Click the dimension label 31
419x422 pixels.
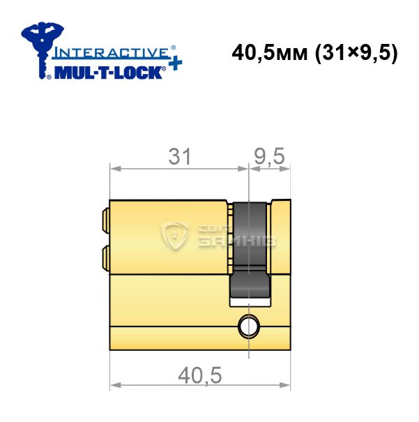[180, 156]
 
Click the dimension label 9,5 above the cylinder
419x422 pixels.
[269, 156]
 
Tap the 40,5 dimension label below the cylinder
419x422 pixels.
[200, 375]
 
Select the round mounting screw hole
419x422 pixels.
[249, 326]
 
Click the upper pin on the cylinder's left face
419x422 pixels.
[106, 220]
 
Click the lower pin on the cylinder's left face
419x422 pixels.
[106, 257]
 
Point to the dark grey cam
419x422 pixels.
[250, 250]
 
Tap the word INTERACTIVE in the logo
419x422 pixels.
[111, 52]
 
